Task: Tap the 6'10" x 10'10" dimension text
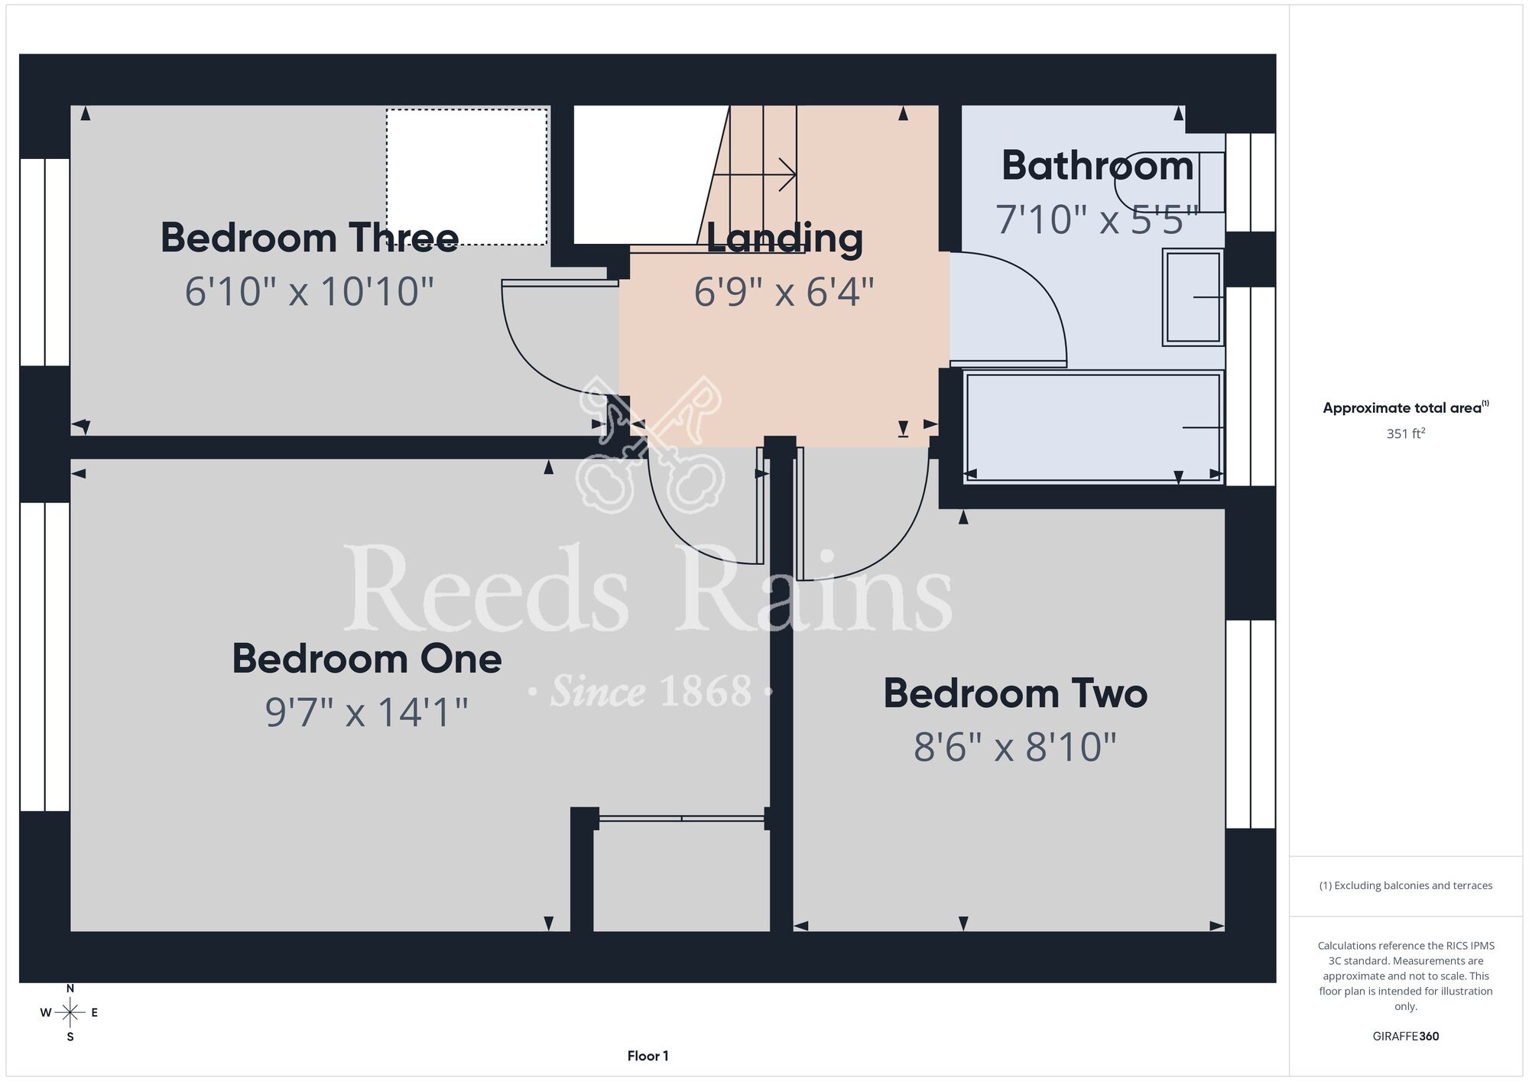(x=310, y=291)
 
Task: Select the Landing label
(x=784, y=239)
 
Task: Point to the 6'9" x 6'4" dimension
(x=784, y=291)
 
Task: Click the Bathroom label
(x=1098, y=166)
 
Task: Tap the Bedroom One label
(x=367, y=658)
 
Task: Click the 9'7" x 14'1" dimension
(x=367, y=712)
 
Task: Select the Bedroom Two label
(x=1015, y=693)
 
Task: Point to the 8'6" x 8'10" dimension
(x=1015, y=747)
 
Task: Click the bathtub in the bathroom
(x=1094, y=427)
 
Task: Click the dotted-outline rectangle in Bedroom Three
(x=467, y=177)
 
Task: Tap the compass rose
(x=70, y=1013)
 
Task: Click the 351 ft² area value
(x=1406, y=433)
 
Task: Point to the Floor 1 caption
(x=648, y=1056)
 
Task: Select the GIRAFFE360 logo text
(x=1406, y=1037)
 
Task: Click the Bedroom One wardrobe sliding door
(x=682, y=818)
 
